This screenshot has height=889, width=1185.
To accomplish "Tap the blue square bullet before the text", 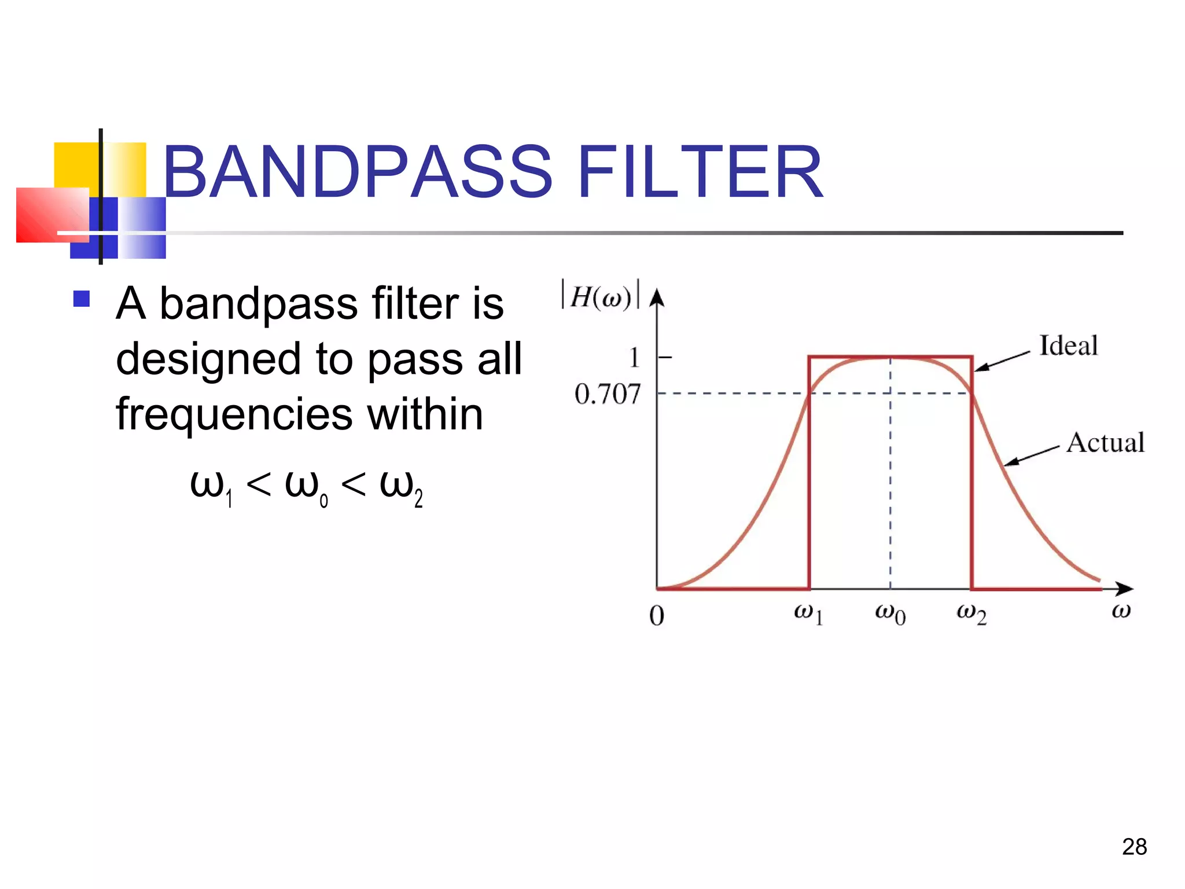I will [82, 299].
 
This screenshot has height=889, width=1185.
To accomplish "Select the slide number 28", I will [1134, 847].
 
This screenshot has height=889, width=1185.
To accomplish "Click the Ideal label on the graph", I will [1068, 346].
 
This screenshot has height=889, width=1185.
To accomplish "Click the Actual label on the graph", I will [1105, 443].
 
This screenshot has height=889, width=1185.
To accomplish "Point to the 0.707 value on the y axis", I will [608, 394].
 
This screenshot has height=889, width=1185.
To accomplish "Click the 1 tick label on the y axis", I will [635, 358].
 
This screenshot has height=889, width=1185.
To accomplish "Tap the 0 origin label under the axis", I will [657, 616].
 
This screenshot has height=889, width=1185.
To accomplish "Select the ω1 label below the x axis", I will [808, 614].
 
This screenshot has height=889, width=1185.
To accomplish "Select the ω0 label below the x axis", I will [890, 614].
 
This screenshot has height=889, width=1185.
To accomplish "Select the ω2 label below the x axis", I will [971, 614].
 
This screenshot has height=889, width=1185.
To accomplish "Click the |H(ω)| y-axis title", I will [601, 296].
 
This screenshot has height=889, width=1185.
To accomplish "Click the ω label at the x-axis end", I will [1121, 611].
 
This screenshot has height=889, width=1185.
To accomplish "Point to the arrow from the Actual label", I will [1031, 456].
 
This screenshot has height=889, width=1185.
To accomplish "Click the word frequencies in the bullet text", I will [234, 414].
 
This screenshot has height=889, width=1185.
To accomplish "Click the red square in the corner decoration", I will [52, 215].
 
